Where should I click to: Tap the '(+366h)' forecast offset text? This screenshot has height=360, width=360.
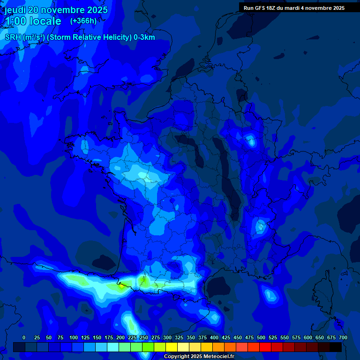tap(83, 21)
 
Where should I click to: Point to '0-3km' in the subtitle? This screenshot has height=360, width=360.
tap(144, 37)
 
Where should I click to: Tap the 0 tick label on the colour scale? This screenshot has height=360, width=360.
tap(24, 338)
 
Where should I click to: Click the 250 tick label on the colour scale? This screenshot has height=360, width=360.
tap(144, 338)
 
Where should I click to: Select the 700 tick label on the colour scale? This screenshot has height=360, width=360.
tap(343, 338)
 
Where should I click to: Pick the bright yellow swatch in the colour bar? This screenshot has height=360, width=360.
tap(172, 347)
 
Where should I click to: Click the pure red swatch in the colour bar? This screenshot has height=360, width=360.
tap(265, 347)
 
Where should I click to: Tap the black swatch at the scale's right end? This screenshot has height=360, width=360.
tap(336, 347)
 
